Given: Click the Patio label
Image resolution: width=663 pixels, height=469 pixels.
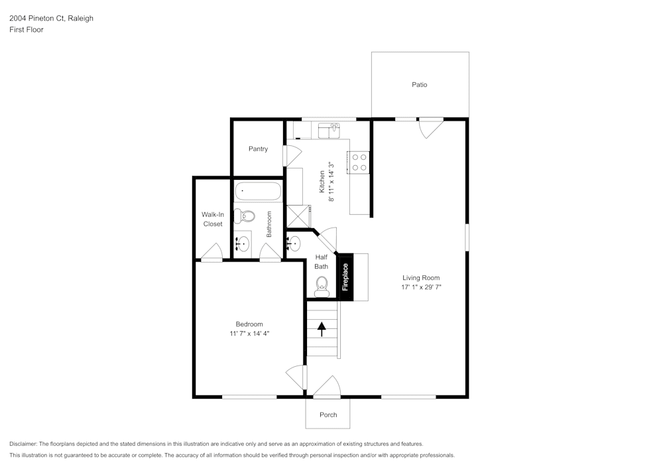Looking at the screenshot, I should pos(419,85).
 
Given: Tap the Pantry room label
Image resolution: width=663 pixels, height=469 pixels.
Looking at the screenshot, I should pos(258,149).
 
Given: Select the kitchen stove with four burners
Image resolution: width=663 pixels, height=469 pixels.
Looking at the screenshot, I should pos(359,163).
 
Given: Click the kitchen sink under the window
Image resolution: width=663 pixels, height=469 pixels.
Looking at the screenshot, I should pos(328,130).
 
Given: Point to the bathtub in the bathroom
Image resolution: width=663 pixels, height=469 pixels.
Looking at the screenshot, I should pos(259,192).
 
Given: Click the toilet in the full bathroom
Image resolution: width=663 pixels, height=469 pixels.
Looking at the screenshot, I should pos(246,216).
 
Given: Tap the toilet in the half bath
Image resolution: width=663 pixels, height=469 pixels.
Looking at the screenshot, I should pos(322,286).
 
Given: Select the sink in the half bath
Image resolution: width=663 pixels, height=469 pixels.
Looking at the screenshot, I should pos(293,243).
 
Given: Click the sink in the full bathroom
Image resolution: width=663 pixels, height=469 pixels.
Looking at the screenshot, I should pos(242,243).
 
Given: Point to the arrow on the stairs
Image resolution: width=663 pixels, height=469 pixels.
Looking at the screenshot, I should pos(322,329).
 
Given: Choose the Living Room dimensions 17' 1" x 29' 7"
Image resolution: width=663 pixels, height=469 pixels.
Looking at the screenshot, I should pos(421,287).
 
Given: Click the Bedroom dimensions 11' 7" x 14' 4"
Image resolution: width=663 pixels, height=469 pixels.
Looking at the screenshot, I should pos(245,334).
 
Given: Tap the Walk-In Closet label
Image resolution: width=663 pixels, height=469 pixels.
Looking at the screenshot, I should pos(213,220).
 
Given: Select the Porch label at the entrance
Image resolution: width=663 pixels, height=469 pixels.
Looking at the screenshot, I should pos(328,415).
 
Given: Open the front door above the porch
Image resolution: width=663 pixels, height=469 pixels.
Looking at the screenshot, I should pos(326,387).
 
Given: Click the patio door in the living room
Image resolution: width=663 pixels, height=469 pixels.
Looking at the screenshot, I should pos(430,127).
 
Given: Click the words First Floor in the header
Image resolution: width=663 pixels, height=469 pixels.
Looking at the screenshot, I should pos(27,30).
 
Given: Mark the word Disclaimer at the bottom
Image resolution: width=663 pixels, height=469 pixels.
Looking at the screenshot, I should pos(24,444).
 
